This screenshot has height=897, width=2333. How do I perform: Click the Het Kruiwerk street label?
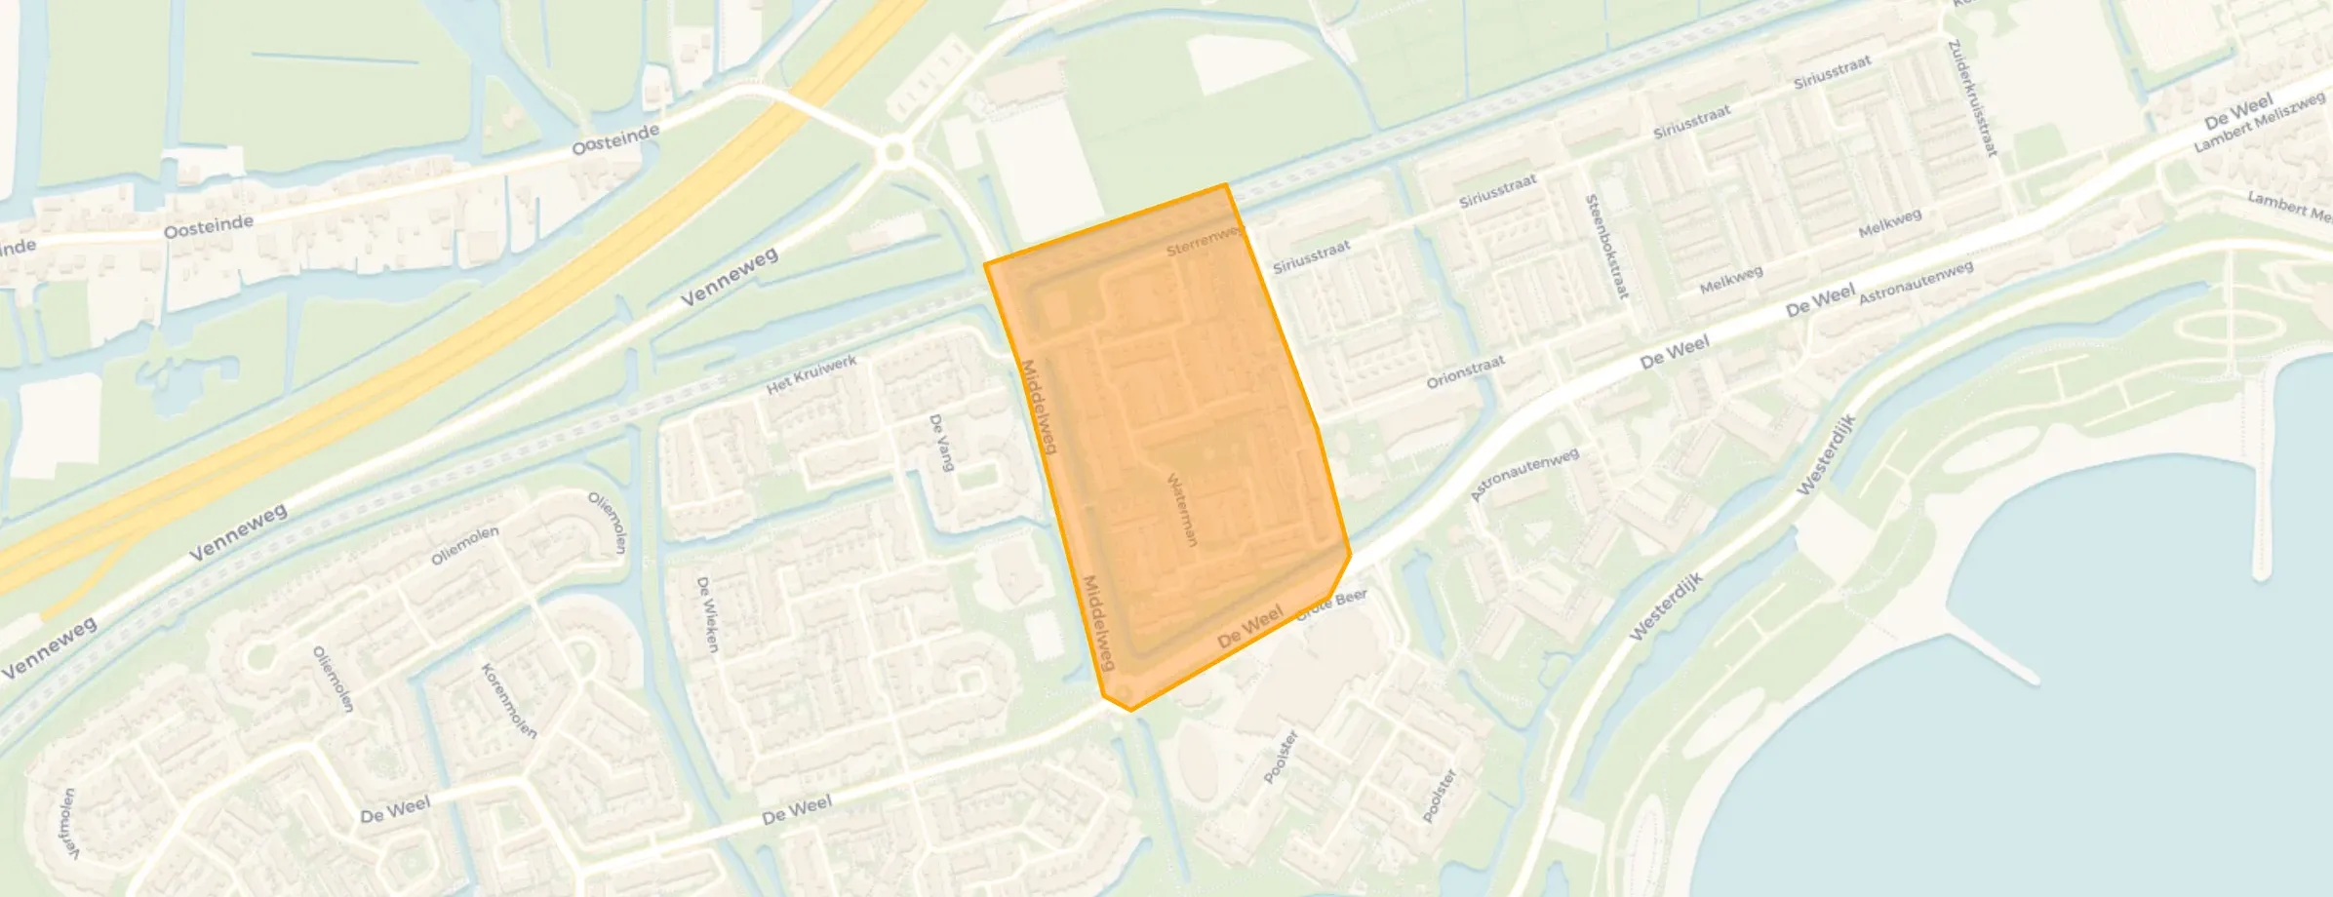click(x=811, y=374)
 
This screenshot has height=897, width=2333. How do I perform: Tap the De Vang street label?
click(x=941, y=443)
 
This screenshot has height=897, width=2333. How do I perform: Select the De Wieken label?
click(x=708, y=614)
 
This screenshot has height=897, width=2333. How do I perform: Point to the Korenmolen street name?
click(x=509, y=700)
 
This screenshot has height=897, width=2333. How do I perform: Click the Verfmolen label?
click(x=68, y=824)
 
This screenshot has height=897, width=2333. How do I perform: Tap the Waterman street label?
click(x=1182, y=509)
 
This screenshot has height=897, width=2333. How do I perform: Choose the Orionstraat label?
click(x=1465, y=371)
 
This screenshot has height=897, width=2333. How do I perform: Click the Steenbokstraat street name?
click(x=1607, y=246)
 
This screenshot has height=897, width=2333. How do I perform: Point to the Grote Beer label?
click(x=1332, y=604)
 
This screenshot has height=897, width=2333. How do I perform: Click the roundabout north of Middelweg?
click(x=893, y=153)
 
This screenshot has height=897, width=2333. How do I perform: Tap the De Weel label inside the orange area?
click(x=1250, y=625)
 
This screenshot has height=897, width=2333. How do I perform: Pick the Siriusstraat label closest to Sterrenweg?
click(x=1311, y=257)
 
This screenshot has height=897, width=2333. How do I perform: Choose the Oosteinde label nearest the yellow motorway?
click(x=614, y=140)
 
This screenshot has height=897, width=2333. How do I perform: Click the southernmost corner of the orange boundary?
click(x=1130, y=710)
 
